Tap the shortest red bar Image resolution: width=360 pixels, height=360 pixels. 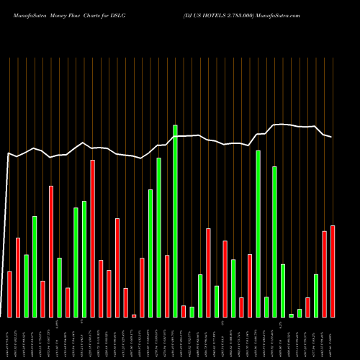pos(134,315)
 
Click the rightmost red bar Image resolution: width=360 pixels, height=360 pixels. pos(333,271)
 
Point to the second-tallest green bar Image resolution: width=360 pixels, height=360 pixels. pos(258,234)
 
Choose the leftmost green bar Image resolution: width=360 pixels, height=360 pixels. pos(26,286)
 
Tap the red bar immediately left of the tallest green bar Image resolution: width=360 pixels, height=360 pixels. pos(167,286)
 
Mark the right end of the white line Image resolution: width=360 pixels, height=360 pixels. pos(332,137)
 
